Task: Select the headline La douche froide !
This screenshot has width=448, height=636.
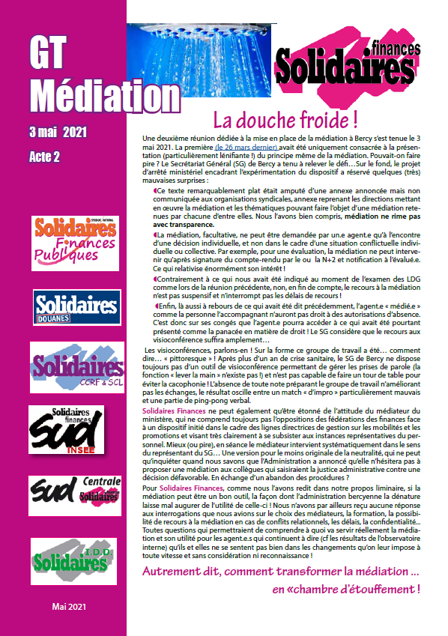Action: (285, 120)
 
